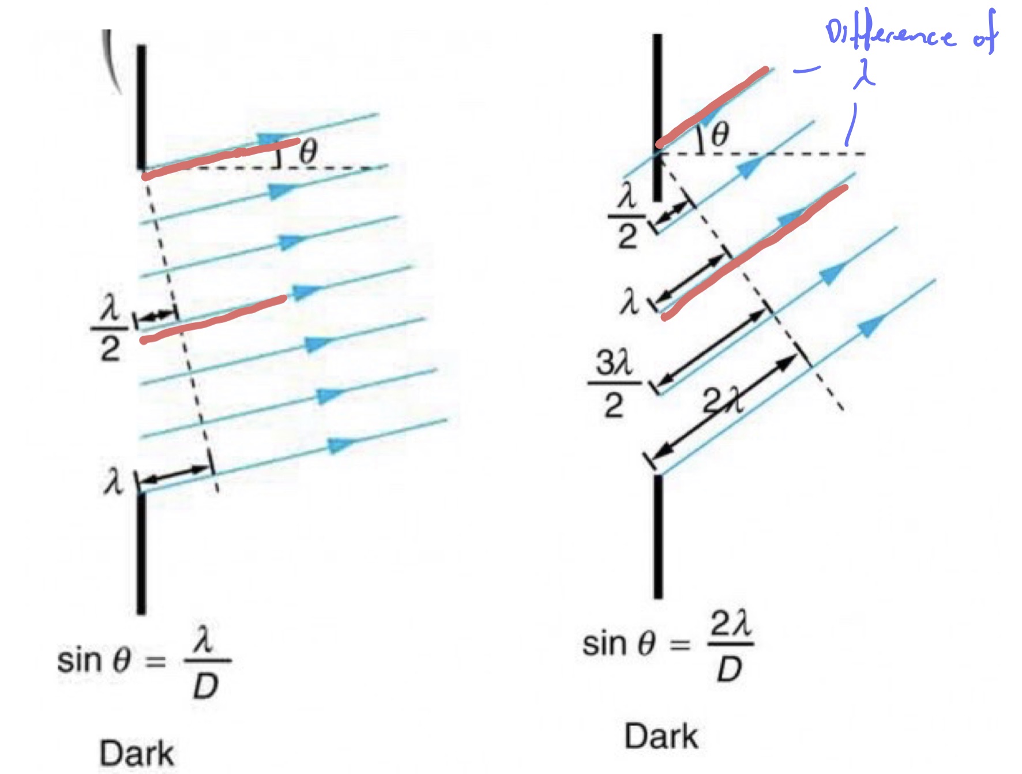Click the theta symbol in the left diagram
pos(309,152)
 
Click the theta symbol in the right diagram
pos(720,135)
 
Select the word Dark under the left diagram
pos(137,753)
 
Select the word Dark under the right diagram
pos(661,737)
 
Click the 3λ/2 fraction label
pos(614,384)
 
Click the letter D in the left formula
pos(206,686)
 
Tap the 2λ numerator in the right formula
pos(730,625)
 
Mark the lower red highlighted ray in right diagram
pos(756,251)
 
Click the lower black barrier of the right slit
pos(658,536)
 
